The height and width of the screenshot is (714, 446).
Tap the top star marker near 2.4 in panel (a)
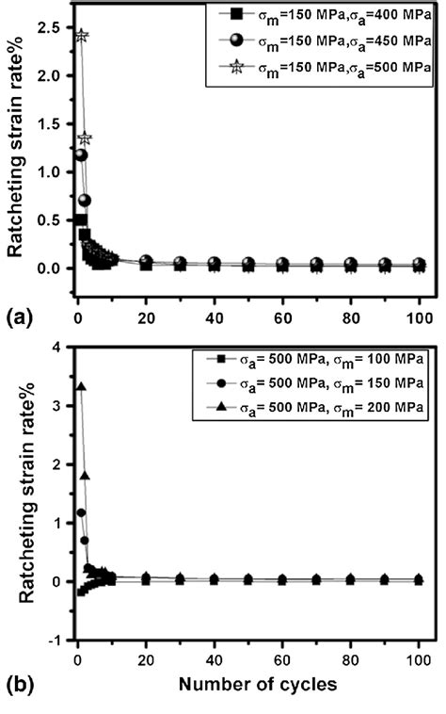click(x=82, y=37)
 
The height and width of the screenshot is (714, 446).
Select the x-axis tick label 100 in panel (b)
click(x=419, y=657)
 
